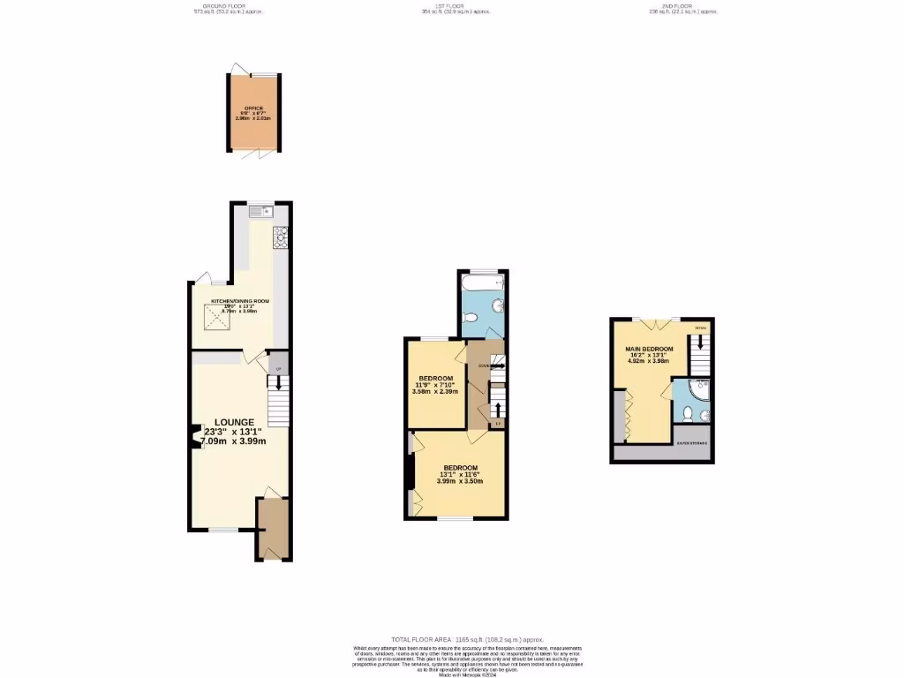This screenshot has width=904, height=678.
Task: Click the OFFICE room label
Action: [x=254, y=109]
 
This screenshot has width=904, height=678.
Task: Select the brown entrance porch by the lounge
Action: [x=272, y=528]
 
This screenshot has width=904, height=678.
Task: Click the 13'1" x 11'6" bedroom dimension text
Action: [x=460, y=474]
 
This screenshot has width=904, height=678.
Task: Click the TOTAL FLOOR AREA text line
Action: [x=467, y=639]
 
